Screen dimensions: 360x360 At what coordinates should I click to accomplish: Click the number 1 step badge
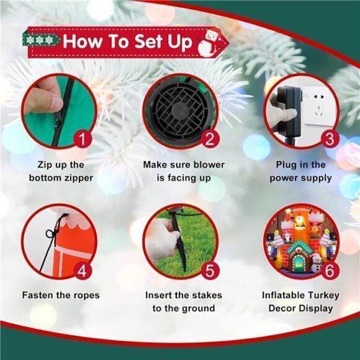coord(83,139)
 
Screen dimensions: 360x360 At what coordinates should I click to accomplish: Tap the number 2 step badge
coord(210,139)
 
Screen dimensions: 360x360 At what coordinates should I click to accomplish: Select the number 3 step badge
coord(330,139)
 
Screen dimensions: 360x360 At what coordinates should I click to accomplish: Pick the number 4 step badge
coord(83,271)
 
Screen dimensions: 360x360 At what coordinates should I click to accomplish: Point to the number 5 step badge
coord(210,271)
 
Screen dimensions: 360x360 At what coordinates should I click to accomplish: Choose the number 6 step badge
coord(330,271)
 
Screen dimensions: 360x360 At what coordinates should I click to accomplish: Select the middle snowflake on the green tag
coord(40,40)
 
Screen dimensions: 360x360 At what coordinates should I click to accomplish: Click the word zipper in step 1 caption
coord(78,178)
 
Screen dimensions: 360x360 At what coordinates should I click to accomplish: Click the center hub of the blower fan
coord(180,111)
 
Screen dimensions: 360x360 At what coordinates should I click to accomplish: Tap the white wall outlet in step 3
coord(319,106)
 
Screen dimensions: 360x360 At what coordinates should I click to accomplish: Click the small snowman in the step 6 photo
coord(316,263)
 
